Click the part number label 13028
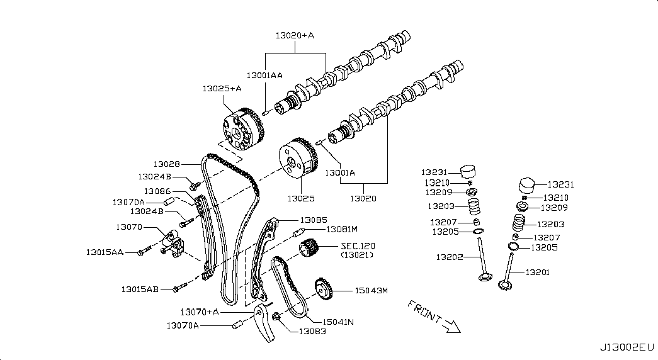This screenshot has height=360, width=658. pyautogui.click(x=167, y=164)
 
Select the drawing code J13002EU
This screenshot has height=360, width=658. pyautogui.click(x=627, y=347)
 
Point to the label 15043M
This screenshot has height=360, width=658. pyautogui.click(x=371, y=290)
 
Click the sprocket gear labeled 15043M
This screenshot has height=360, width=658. pyautogui.click(x=324, y=290)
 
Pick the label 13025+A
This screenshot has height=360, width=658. pyautogui.click(x=222, y=89)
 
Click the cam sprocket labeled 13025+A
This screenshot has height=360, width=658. pyautogui.click(x=243, y=130)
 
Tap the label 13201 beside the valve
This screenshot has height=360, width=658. pyautogui.click(x=537, y=273)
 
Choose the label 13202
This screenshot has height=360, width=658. pyautogui.click(x=450, y=257)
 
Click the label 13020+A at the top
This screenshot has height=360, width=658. pyautogui.click(x=295, y=36)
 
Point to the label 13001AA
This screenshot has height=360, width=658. pyautogui.click(x=264, y=76)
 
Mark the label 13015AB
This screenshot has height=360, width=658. pyautogui.click(x=140, y=289)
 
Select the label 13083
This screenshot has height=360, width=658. pyautogui.click(x=312, y=332)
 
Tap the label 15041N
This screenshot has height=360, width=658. pyautogui.click(x=338, y=322)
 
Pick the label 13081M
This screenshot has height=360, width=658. pyautogui.click(x=342, y=229)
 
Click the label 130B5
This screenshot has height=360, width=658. pyautogui.click(x=314, y=220)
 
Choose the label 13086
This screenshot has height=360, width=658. pyautogui.click(x=157, y=191)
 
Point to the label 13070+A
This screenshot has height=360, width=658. pyautogui.click(x=200, y=312)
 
